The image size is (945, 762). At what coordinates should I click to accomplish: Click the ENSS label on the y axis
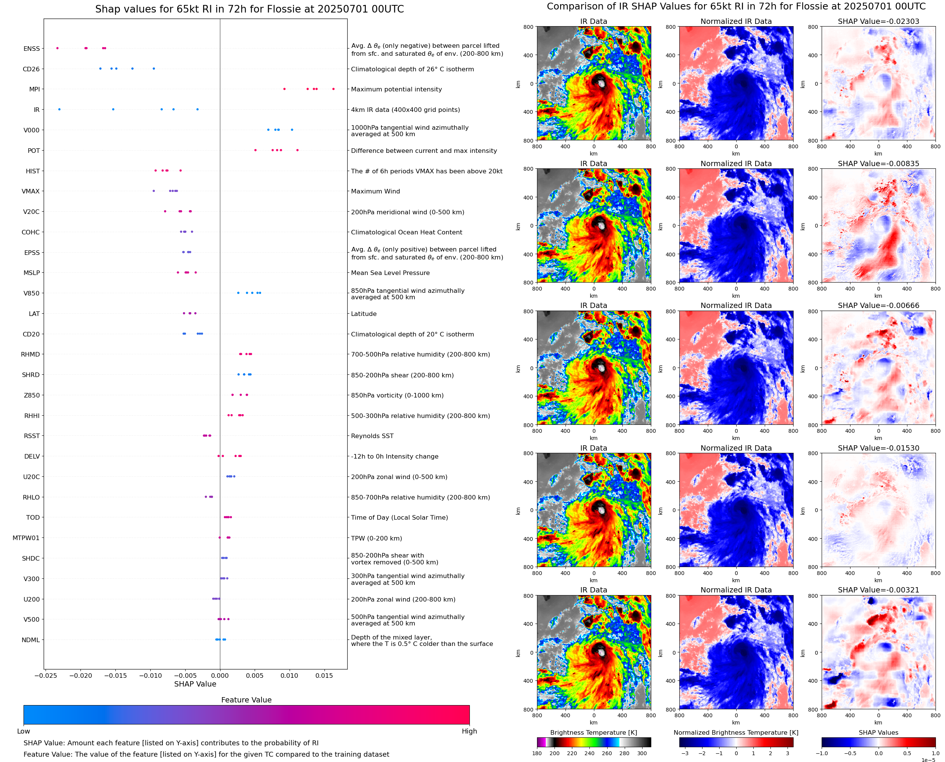pos(31,49)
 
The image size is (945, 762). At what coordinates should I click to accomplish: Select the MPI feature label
pos(34,90)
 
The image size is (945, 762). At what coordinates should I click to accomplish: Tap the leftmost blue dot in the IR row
pos(59,109)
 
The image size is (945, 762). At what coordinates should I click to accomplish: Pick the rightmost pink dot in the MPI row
pos(333,89)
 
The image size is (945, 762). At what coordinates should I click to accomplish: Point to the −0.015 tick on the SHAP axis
pos(115,676)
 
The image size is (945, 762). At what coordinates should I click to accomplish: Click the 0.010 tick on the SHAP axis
pos(290,676)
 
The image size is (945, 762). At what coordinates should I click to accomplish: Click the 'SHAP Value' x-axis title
pos(195,684)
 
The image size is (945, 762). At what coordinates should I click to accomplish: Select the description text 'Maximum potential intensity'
pos(396,90)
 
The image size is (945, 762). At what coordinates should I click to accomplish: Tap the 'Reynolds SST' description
pos(372,436)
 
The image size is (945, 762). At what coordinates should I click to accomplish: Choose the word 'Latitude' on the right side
pos(364,314)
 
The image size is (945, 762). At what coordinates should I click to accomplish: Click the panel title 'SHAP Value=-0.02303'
pos(878,21)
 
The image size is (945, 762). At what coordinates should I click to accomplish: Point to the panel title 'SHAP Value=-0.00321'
pos(878,590)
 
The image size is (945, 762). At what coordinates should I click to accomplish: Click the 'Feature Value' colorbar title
pos(246,700)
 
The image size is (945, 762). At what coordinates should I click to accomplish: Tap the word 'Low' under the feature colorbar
pos(23,731)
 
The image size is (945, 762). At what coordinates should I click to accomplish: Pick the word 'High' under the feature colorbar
pos(469,731)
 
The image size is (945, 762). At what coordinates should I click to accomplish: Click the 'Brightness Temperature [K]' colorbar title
pos(593,732)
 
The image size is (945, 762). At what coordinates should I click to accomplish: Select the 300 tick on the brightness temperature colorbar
pos(642,753)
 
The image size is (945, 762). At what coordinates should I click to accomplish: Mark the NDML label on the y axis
pos(31,640)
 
